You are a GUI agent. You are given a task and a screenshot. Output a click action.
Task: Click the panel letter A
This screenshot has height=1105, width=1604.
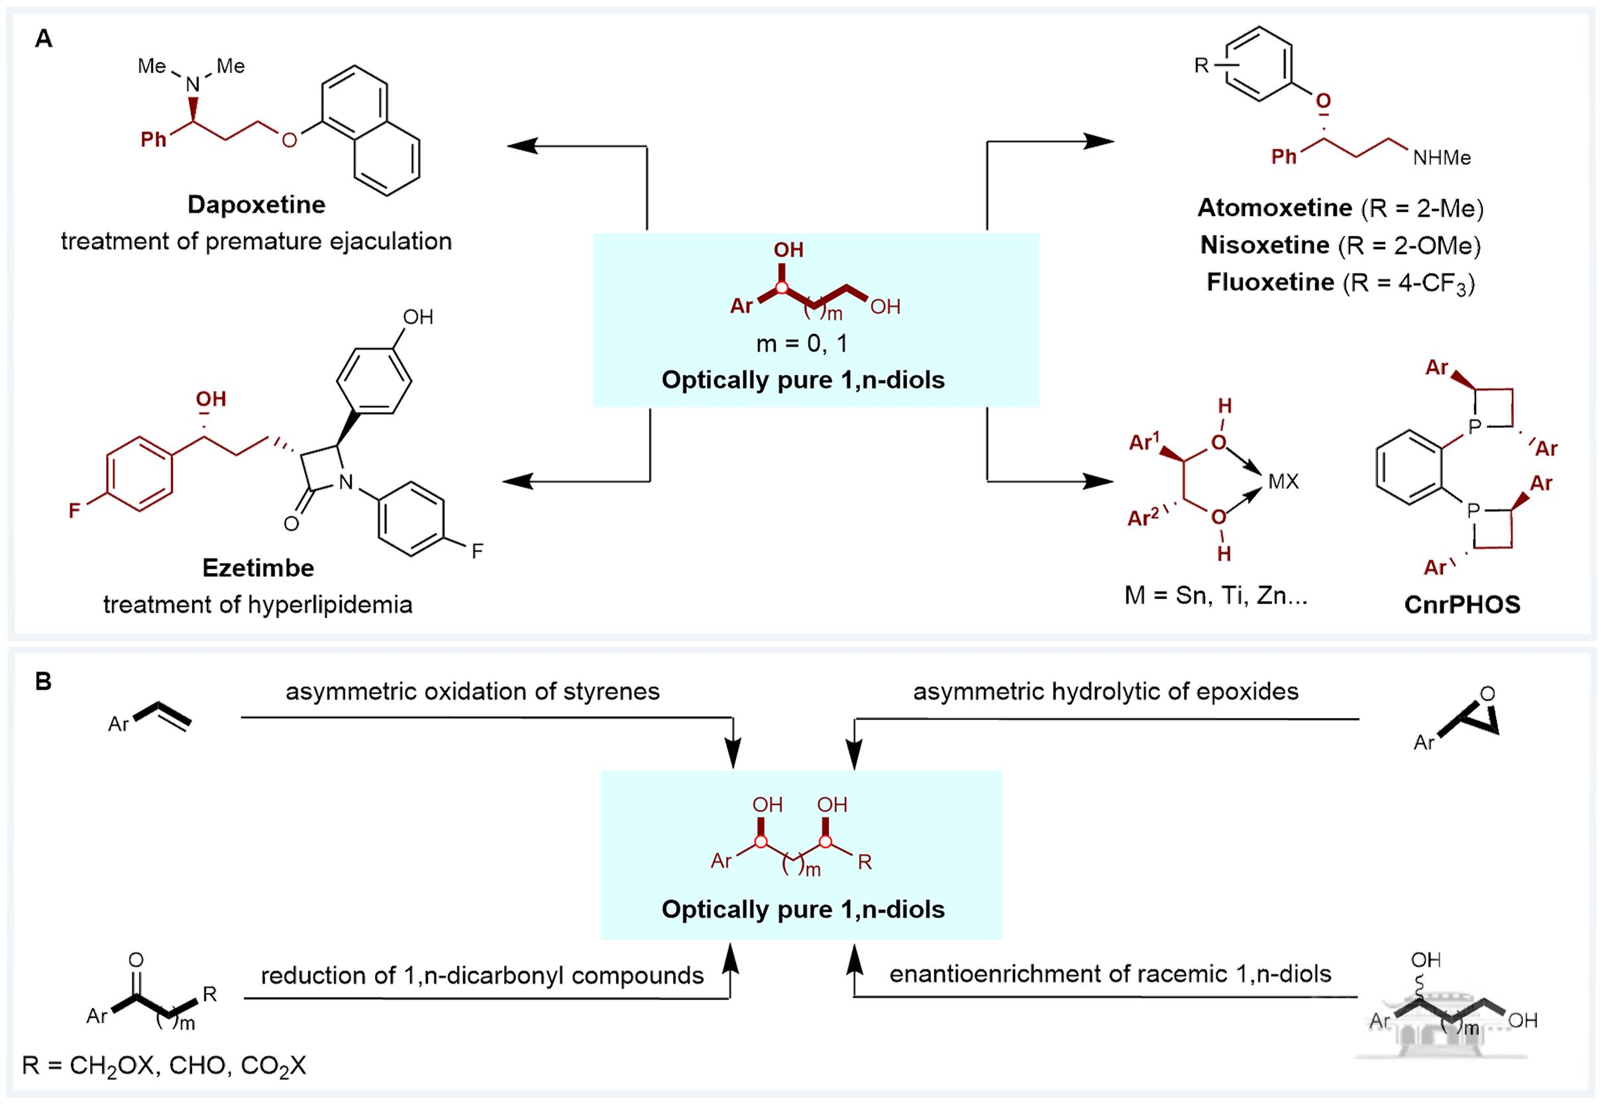(44, 39)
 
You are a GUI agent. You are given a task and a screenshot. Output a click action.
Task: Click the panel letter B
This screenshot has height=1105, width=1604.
(44, 682)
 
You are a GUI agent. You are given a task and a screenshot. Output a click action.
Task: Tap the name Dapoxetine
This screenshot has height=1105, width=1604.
(256, 205)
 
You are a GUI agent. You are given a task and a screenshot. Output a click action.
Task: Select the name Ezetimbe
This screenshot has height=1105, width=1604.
(258, 568)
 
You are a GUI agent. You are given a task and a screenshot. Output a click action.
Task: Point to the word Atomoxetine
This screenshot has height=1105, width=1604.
(1275, 208)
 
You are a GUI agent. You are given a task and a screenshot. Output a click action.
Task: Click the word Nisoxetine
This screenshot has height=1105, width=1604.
(1265, 245)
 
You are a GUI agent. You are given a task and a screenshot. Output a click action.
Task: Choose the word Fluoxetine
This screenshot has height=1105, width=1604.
(1270, 282)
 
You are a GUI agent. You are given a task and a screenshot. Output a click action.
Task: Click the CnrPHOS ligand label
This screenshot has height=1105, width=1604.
(1462, 604)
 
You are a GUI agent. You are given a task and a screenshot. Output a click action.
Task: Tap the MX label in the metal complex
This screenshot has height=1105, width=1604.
(1283, 481)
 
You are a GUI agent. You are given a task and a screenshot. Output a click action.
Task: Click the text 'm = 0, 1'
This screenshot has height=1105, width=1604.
(802, 343)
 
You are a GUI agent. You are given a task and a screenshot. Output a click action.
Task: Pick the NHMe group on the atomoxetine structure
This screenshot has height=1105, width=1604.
(1442, 158)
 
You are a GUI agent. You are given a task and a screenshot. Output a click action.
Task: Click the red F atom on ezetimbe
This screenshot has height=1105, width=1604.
(75, 511)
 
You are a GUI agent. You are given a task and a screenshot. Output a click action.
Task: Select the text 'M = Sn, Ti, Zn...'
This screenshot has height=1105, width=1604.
(1216, 595)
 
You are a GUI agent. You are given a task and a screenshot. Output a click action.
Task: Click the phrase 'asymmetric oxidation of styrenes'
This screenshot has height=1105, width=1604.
(473, 692)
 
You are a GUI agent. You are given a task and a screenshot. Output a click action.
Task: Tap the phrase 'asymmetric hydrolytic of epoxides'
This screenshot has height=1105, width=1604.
(1106, 692)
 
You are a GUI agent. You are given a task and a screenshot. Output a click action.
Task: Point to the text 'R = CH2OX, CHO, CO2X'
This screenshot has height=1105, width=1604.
(164, 1065)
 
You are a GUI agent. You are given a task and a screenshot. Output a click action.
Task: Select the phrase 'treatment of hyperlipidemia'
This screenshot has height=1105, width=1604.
(258, 604)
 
